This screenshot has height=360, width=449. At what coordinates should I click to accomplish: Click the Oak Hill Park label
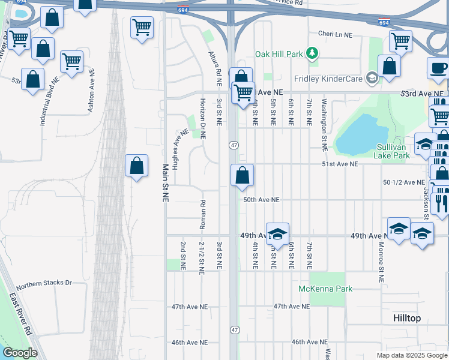tap(278, 54)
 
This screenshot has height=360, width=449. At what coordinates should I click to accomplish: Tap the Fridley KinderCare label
tap(330, 78)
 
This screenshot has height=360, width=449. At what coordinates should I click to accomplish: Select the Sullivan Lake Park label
tap(393, 151)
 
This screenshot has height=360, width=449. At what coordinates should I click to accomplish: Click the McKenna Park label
tap(325, 289)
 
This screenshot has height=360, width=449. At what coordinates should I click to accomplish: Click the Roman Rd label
tap(202, 214)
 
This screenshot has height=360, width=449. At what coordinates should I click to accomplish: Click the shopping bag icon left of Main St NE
tap(136, 165)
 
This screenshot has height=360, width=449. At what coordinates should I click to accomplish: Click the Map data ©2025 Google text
tap(411, 355)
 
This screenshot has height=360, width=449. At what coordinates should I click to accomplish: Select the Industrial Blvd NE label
tap(49, 100)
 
